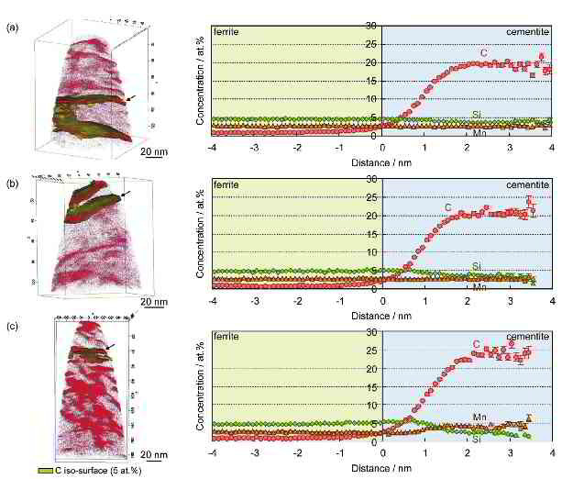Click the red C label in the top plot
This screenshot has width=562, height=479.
pyautogui.click(x=480, y=53)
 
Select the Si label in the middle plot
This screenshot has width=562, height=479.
pyautogui.click(x=477, y=266)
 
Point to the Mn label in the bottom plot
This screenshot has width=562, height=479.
pyautogui.click(x=479, y=418)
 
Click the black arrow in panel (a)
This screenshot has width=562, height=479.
pyautogui.click(x=134, y=96)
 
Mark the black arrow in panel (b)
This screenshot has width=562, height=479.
pyautogui.click(x=125, y=194)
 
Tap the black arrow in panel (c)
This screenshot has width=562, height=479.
pyautogui.click(x=110, y=346)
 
